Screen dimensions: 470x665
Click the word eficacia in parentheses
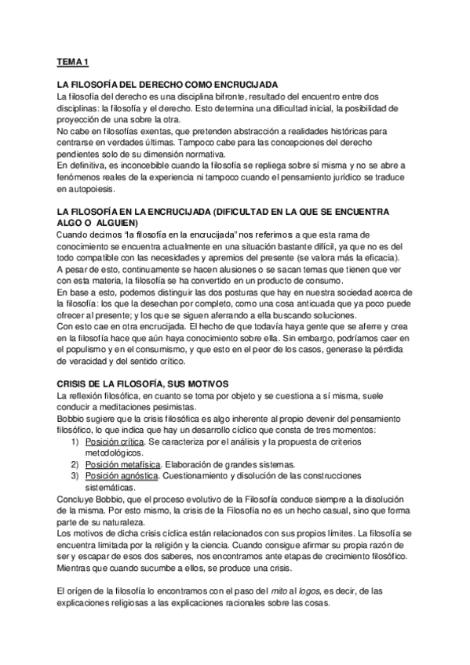(377, 259)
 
